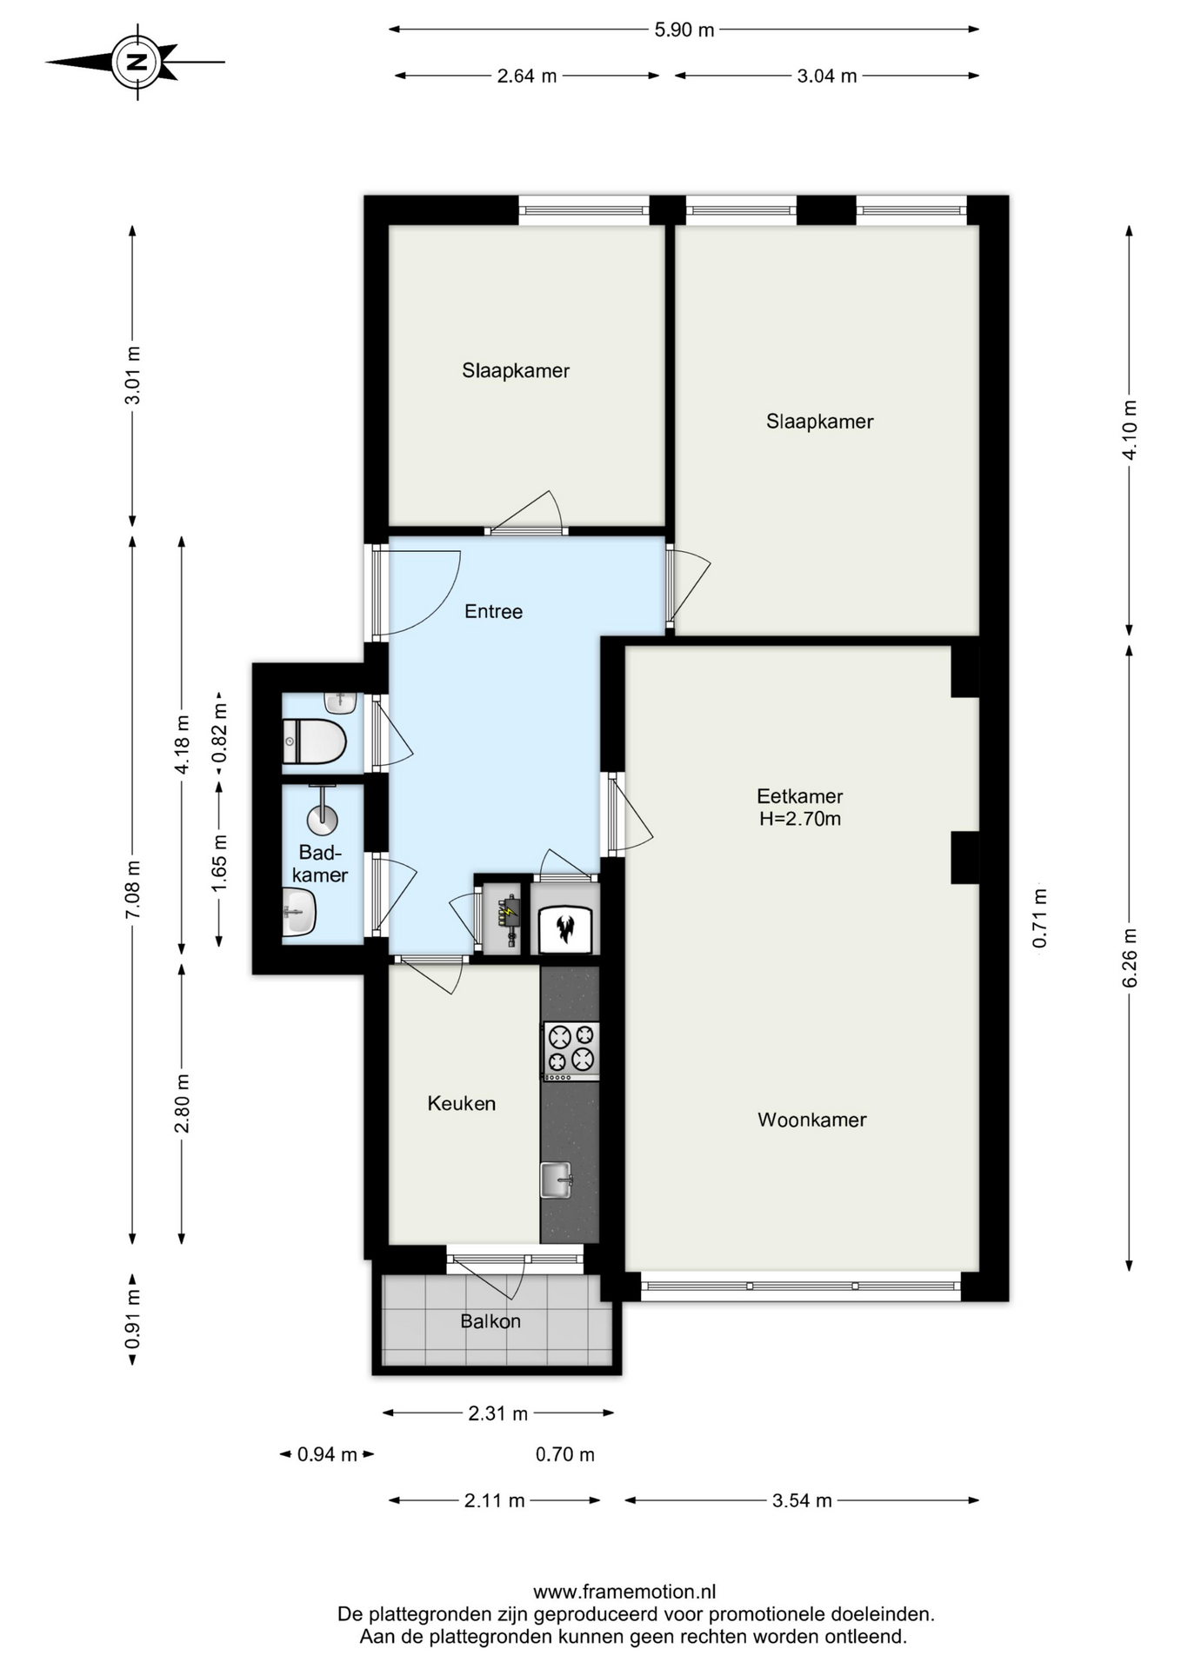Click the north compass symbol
(137, 62)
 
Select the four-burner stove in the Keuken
(571, 1050)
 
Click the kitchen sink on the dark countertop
(556, 1180)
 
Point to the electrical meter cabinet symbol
(507, 918)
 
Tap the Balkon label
(490, 1321)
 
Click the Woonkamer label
(811, 1120)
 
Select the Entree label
(493, 611)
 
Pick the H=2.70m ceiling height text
(800, 818)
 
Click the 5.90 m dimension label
(684, 30)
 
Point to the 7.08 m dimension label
(132, 889)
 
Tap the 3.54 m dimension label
(802, 1500)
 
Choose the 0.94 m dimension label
(327, 1454)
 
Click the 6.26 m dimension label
(1130, 958)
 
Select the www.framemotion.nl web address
(624, 1592)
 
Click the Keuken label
(461, 1103)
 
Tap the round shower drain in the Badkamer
(322, 818)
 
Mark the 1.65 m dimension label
(219, 861)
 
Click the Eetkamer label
(799, 795)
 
